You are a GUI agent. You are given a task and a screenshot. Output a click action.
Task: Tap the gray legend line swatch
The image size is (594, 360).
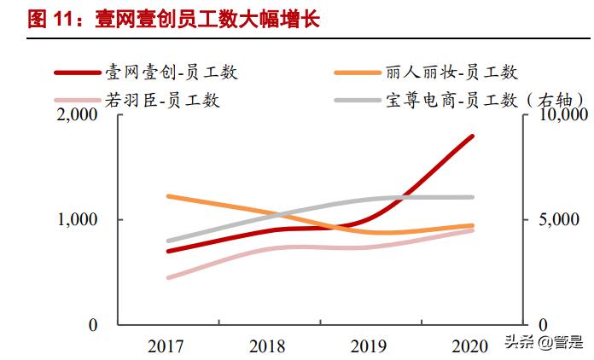pos(364,101)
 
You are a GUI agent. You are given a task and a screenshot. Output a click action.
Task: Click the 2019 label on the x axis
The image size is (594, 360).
pos(370,346)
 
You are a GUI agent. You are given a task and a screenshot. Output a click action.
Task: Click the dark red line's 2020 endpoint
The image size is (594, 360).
pos(472,136)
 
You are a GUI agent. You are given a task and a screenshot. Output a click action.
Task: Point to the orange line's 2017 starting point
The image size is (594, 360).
pos(169,196)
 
